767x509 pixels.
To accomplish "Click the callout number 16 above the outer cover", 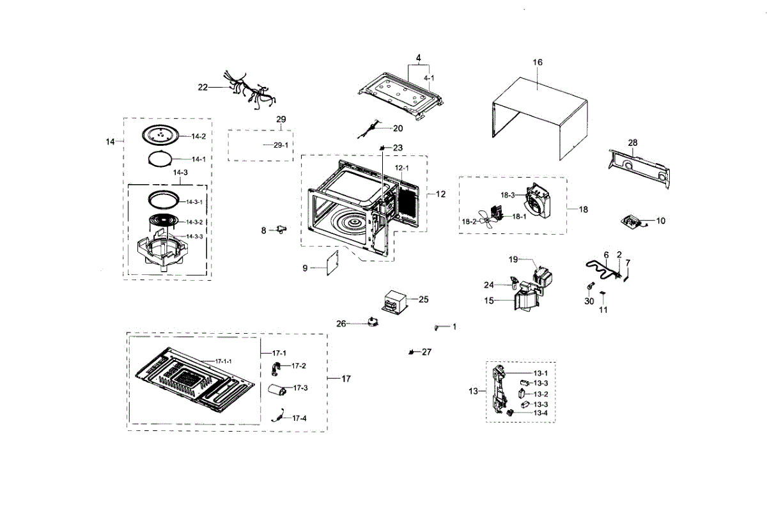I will pos(538,63).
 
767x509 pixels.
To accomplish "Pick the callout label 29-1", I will pos(281,146).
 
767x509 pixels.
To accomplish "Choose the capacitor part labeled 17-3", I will pos(278,389).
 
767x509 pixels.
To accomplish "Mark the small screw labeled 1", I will pos(436,327).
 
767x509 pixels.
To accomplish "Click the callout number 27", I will pos(426,352).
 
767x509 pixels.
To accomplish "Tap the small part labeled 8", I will pos(281,230).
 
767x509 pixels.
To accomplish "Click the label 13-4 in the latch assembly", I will pos(541,413).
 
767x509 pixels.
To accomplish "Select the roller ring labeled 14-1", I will pos(157,159).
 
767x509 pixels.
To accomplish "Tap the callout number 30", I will pos(589,301).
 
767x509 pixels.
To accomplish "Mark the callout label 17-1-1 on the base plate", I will pos(222,361).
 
